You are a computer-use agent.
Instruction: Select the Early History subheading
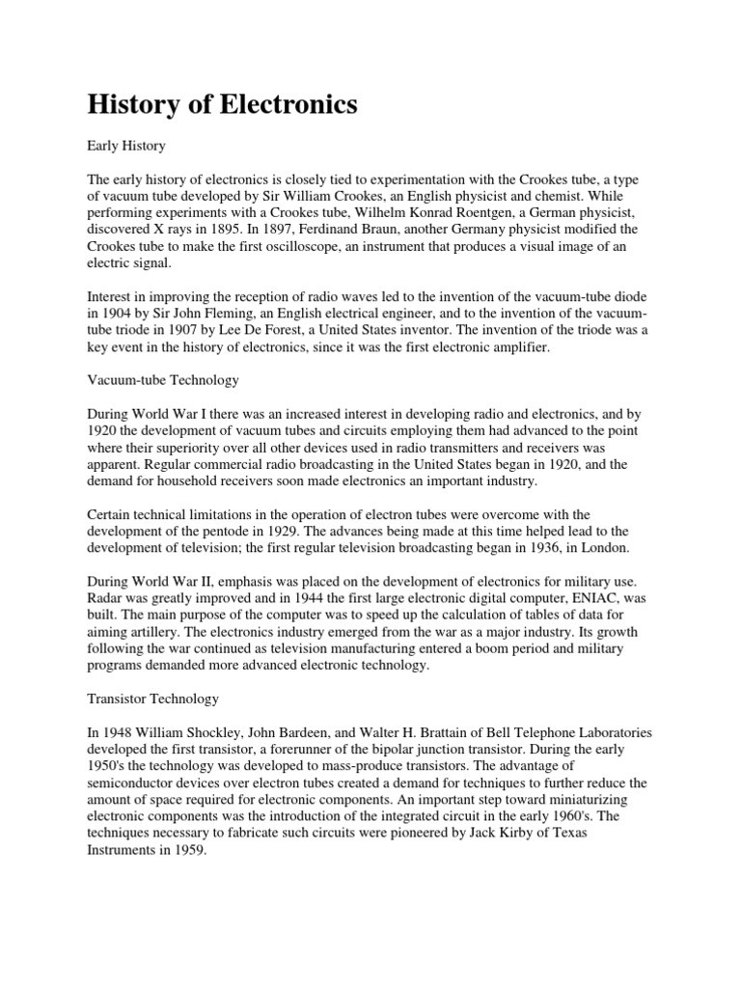(x=126, y=146)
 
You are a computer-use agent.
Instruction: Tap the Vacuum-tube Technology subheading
(x=162, y=380)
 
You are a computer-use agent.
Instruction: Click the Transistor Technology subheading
(x=153, y=698)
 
